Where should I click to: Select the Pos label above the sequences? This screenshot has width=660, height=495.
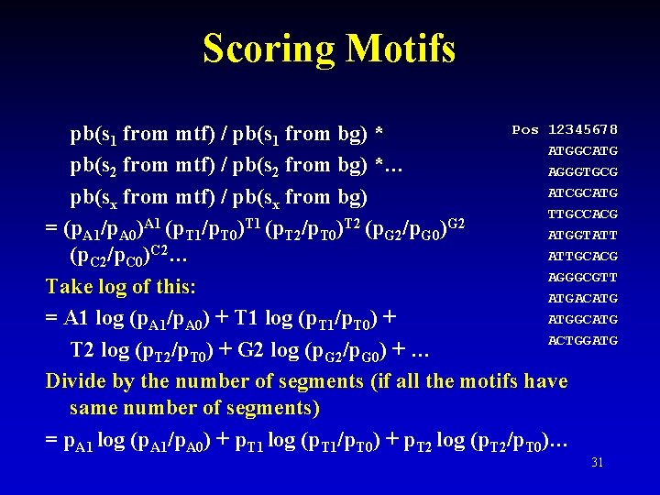(525, 129)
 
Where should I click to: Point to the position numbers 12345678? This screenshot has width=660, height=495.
(583, 129)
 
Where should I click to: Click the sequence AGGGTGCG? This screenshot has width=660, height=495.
(583, 171)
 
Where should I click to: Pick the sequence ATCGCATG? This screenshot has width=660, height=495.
(583, 192)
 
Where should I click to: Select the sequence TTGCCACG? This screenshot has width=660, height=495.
(583, 214)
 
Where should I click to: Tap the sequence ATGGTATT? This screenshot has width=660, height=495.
(583, 235)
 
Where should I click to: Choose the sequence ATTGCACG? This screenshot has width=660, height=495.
(583, 256)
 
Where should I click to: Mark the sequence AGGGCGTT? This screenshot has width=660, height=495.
(583, 277)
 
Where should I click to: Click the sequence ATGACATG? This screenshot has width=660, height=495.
(583, 298)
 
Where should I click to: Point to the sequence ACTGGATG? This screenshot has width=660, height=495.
(583, 340)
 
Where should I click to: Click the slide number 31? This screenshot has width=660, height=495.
(598, 462)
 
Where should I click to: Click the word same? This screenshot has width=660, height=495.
(93, 408)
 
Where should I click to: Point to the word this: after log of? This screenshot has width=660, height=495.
(171, 287)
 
